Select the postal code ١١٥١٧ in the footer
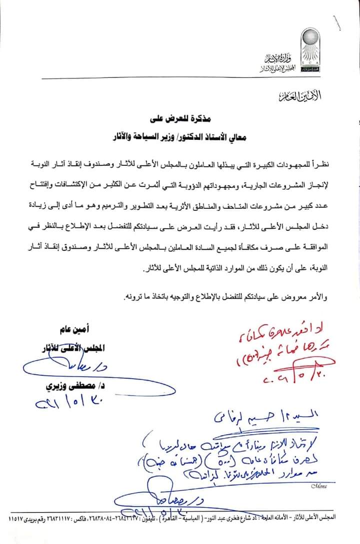pos(15,519)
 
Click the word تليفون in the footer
pos(180,519)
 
